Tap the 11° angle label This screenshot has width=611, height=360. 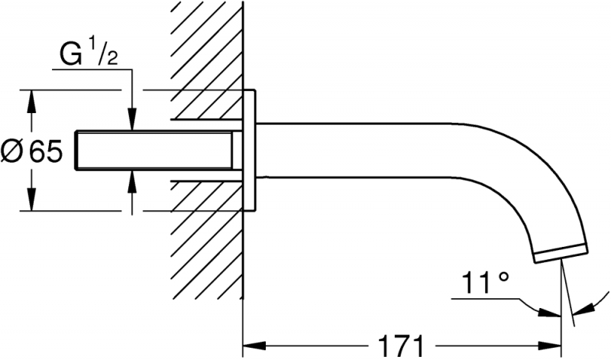[483, 284]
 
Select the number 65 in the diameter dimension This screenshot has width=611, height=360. [47, 152]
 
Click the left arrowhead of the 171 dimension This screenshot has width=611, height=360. [249, 342]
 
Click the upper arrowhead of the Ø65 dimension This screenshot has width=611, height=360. [31, 97]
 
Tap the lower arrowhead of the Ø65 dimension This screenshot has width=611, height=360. [31, 203]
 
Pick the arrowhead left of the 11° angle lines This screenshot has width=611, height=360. [549, 312]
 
